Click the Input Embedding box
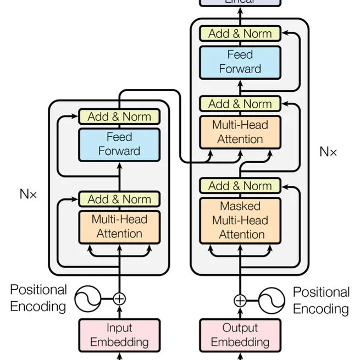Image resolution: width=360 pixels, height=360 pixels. pyautogui.click(x=119, y=335)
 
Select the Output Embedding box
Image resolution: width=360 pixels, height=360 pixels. pyautogui.click(x=240, y=335)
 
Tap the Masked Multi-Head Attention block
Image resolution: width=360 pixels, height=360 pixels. pyautogui.click(x=240, y=220)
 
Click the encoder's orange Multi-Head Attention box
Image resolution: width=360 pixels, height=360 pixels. pyautogui.click(x=119, y=226)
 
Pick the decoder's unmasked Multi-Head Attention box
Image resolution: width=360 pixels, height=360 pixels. pyautogui.click(x=240, y=132)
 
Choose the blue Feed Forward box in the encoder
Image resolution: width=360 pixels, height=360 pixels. pyautogui.click(x=119, y=144)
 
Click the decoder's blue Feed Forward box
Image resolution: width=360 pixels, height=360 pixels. pyautogui.click(x=240, y=62)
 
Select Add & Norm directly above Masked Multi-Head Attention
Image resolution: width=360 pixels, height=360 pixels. pyautogui.click(x=240, y=186)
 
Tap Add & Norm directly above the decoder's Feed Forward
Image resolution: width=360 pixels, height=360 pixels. pyautogui.click(x=240, y=34)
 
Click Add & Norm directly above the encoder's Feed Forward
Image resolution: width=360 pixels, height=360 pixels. pyautogui.click(x=119, y=117)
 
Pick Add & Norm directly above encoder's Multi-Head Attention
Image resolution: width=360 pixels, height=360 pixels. pyautogui.click(x=119, y=199)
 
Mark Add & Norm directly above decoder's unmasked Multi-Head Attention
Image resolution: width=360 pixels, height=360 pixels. pyautogui.click(x=240, y=104)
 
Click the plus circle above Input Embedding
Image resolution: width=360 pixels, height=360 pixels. pyautogui.click(x=119, y=299)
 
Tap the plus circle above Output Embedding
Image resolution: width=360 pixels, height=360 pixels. pyautogui.click(x=240, y=300)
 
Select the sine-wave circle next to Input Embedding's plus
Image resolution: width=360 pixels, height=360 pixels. pyautogui.click(x=88, y=299)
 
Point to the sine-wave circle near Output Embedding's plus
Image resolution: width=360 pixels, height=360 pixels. pyautogui.click(x=272, y=300)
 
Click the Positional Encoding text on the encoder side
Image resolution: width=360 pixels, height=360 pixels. pyautogui.click(x=38, y=298)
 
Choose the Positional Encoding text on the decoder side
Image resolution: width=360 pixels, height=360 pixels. pyautogui.click(x=321, y=300)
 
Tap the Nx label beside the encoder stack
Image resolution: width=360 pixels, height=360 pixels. pyautogui.click(x=29, y=194)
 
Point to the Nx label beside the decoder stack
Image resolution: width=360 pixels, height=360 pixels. pyautogui.click(x=328, y=152)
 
